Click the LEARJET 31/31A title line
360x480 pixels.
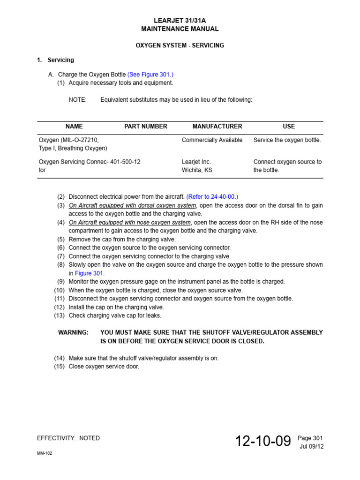coord(180,20)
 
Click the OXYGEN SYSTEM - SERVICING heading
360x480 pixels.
coord(180,45)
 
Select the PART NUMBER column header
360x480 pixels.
coord(145,127)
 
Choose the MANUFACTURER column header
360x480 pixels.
coord(217,127)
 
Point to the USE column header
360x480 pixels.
coord(289,127)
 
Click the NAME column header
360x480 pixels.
coord(74,127)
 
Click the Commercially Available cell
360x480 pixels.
coord(212,140)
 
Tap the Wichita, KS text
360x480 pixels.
coord(197,170)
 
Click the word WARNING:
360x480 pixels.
coord(73,332)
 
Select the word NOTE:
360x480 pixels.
coord(77,100)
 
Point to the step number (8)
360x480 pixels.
coord(61,265)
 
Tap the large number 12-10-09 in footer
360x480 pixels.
coord(263,441)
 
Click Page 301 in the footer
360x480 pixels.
coord(311,438)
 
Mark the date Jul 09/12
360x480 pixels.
coord(312,446)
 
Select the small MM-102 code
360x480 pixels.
coord(45,454)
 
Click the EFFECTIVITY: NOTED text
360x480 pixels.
coord(68,438)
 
